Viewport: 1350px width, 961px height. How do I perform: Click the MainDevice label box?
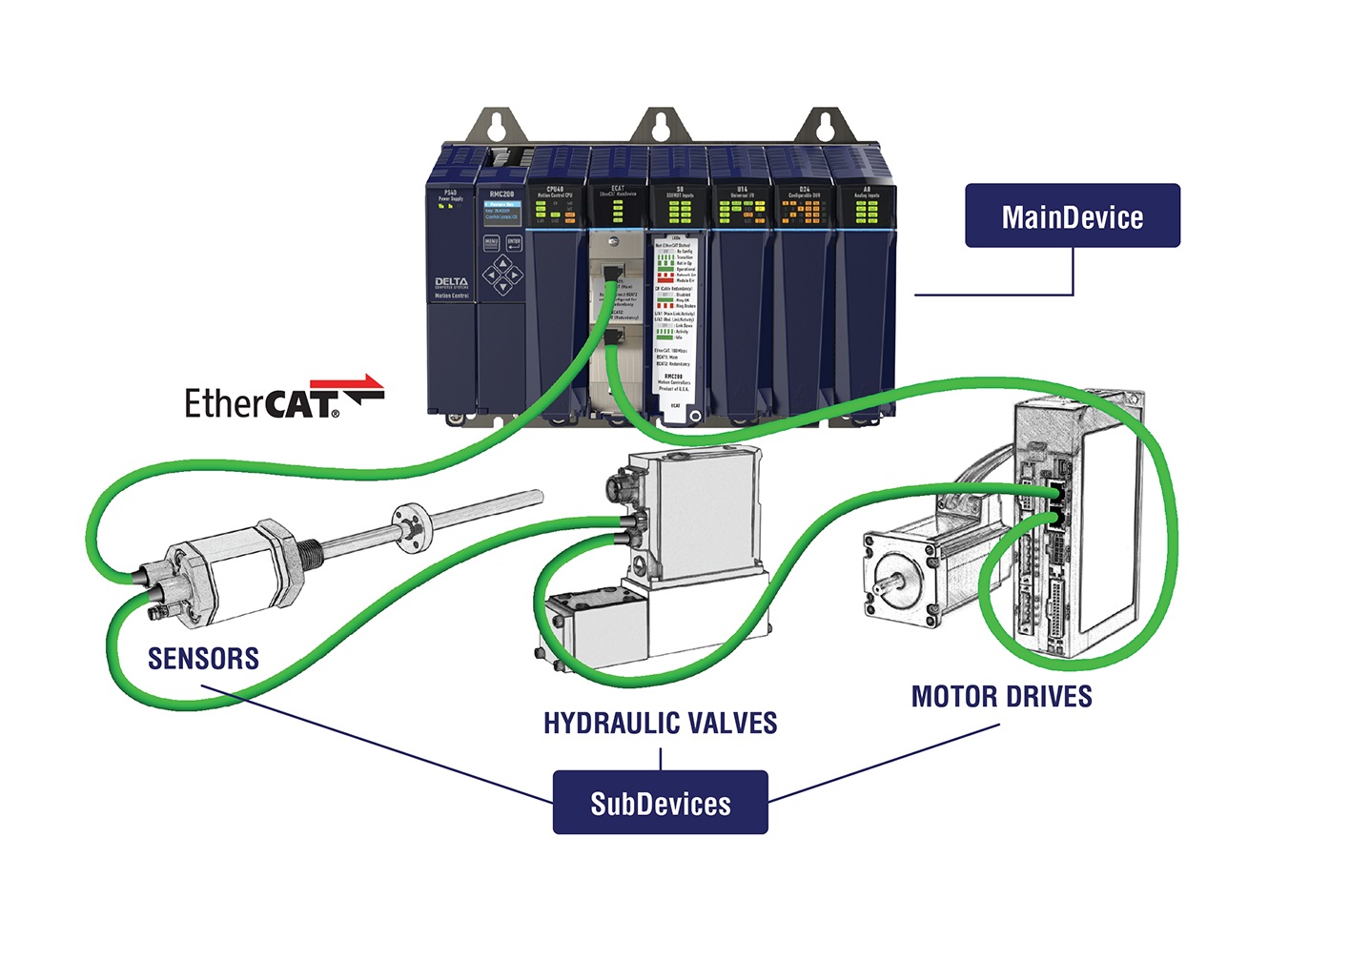[x=1072, y=216]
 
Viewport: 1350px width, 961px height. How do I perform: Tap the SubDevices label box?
[x=660, y=803]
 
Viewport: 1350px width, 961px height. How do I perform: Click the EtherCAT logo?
[x=283, y=399]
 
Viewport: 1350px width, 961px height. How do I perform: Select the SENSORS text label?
[x=203, y=659]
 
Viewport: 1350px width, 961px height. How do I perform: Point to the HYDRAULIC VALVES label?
[x=660, y=724]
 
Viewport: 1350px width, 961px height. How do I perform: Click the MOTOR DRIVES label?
[x=1001, y=697]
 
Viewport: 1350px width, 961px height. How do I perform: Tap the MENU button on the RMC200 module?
[x=492, y=242]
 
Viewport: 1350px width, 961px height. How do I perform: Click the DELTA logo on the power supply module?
[x=451, y=283]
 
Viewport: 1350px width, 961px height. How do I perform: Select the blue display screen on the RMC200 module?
[x=501, y=211]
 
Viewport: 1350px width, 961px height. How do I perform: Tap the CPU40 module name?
[x=555, y=191]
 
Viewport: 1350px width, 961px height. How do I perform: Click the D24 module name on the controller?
[x=804, y=191]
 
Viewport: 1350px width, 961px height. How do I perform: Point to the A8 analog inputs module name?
[x=866, y=191]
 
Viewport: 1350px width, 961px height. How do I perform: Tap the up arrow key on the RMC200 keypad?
[x=503, y=262]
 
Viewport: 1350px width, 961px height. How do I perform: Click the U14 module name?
[x=742, y=191]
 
